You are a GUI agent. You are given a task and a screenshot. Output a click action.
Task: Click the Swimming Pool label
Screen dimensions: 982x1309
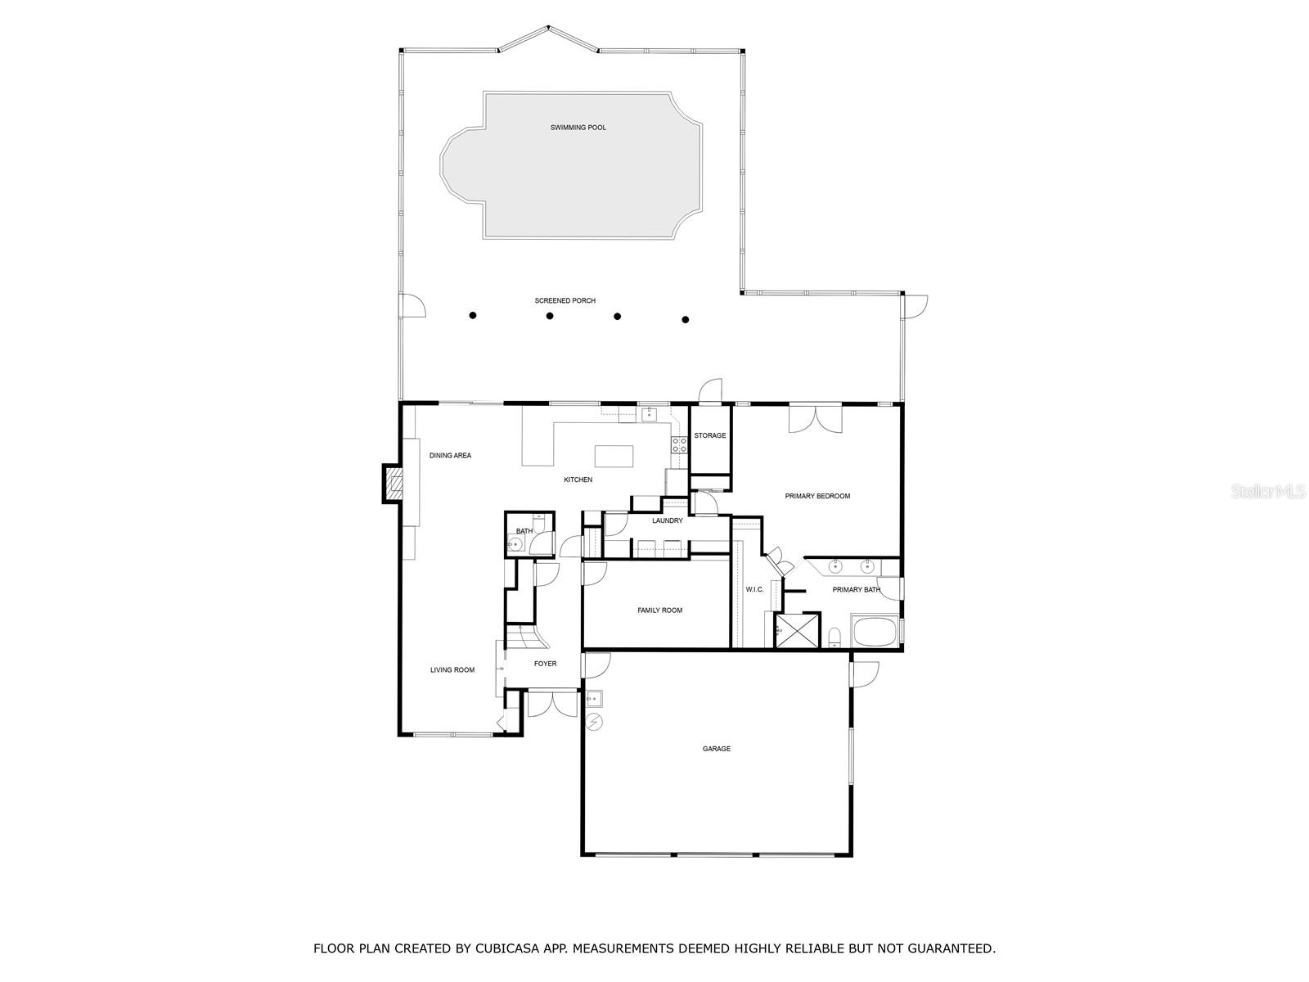(x=578, y=128)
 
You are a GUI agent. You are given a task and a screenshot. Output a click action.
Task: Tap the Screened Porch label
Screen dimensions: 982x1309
(x=565, y=301)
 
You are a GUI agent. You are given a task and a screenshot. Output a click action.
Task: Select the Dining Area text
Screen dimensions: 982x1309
(x=450, y=456)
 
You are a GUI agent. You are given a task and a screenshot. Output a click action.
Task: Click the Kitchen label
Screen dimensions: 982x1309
(x=578, y=480)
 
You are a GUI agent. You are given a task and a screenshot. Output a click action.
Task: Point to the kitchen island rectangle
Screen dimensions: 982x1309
(x=614, y=455)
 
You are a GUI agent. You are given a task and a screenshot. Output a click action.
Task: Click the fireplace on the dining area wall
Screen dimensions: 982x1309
(x=394, y=484)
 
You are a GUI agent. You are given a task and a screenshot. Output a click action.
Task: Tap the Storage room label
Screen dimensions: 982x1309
(x=709, y=435)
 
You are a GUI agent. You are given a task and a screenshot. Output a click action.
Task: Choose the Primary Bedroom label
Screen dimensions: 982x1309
(x=817, y=496)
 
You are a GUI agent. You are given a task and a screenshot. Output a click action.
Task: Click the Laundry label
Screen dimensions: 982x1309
(x=667, y=521)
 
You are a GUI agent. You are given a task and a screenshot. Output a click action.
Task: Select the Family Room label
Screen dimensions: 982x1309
(x=659, y=610)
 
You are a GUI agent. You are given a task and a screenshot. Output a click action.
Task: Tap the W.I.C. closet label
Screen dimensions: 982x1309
(x=753, y=589)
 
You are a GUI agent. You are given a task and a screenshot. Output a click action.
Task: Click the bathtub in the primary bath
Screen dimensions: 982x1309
(x=874, y=633)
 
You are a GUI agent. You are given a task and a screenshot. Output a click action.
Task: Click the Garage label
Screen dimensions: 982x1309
(x=716, y=749)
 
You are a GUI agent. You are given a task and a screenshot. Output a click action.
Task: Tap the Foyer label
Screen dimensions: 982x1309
(x=545, y=664)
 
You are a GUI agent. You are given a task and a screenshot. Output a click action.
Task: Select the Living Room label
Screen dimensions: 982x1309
(x=452, y=670)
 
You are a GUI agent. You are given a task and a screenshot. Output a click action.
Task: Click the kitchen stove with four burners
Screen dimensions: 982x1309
(x=679, y=444)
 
